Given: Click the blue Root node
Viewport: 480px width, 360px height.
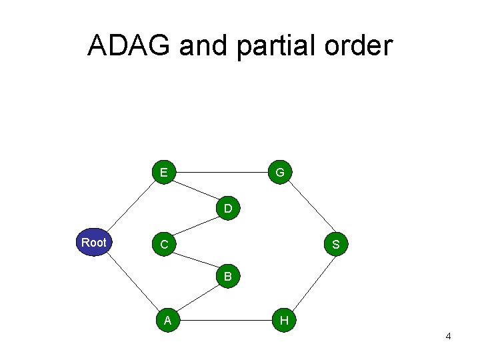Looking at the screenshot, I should pyautogui.click(x=94, y=242).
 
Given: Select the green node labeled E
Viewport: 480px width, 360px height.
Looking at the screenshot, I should pyautogui.click(x=163, y=173).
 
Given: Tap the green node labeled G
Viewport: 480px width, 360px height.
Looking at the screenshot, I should pyautogui.click(x=280, y=173).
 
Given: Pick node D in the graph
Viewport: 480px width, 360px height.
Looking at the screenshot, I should pyautogui.click(x=228, y=209).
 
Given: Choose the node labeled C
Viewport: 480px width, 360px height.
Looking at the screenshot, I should pyautogui.click(x=163, y=245).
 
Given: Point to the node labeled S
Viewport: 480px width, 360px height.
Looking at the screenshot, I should pyautogui.click(x=335, y=245).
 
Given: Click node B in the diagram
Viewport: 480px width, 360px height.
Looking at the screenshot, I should pyautogui.click(x=228, y=275).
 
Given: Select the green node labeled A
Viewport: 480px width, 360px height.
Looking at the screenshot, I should pyautogui.click(x=168, y=320).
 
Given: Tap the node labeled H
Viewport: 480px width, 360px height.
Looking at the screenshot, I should pyautogui.click(x=284, y=321).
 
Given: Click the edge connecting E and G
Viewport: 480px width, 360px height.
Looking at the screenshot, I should pyautogui.click(x=221, y=173).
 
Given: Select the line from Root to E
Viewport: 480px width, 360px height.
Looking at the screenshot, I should pyautogui.click(x=131, y=205).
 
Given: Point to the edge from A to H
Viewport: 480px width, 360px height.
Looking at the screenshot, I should pyautogui.click(x=225, y=321).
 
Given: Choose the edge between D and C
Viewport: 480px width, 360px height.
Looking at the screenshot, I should pyautogui.click(x=195, y=227).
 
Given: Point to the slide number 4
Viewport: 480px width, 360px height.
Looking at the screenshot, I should pyautogui.click(x=448, y=337).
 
